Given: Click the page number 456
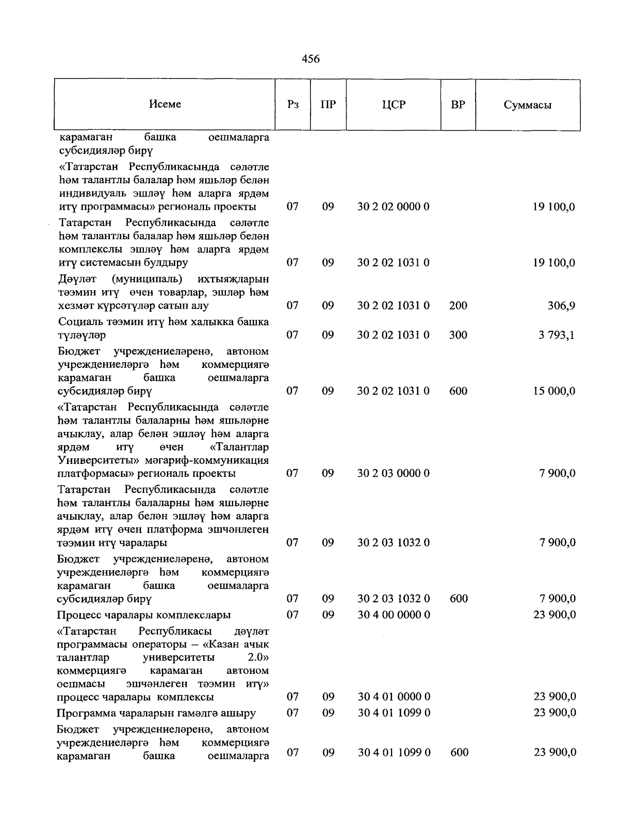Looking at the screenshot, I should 311,59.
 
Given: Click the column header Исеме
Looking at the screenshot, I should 165,104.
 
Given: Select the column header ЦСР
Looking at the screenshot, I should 394,105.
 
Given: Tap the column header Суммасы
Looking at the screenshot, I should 527,105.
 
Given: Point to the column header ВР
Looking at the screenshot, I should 458,105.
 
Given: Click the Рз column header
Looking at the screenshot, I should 292,105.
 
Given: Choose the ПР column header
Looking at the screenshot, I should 328,105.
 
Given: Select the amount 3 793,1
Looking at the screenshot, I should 557,335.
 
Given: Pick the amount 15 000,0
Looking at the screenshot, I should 554,391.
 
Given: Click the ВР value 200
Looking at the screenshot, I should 458,305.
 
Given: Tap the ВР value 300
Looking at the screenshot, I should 458,335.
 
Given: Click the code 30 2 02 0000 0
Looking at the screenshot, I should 394,207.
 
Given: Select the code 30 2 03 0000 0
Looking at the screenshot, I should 394,473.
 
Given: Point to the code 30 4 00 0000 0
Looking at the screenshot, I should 394,615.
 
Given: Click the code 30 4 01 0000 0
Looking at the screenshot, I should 394,697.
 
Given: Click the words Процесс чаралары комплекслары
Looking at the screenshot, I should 144,615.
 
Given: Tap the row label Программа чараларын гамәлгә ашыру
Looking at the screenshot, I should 156,713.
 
